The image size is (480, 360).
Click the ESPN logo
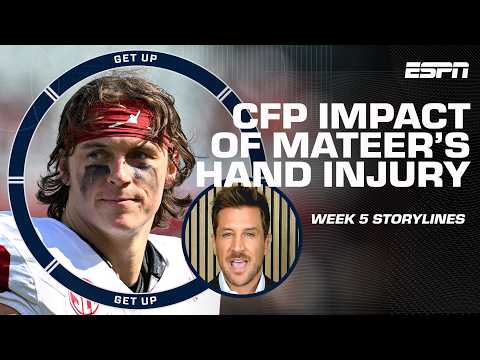click(x=436, y=70)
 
